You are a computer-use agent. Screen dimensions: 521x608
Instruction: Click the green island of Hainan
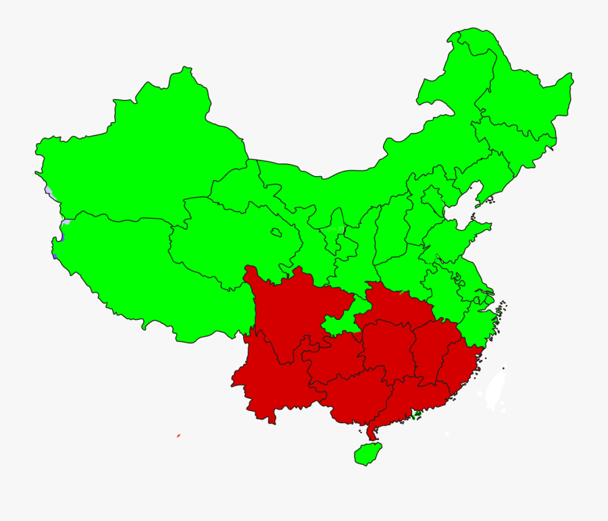coord(367,453)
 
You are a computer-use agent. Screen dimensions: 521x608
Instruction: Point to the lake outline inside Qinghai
coord(276,233)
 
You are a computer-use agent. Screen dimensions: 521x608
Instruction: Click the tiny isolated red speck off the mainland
coord(178,435)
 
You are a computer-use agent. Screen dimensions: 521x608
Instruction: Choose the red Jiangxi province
coord(432,351)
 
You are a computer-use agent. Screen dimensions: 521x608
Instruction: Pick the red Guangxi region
coord(358,398)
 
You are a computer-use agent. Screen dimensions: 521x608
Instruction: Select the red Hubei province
coord(395,304)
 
